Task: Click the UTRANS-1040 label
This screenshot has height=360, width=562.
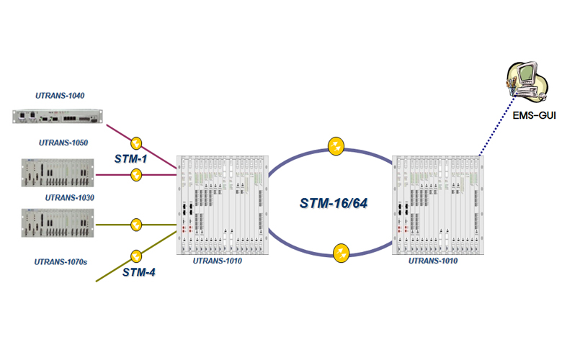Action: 61,95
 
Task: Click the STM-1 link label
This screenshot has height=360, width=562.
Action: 130,158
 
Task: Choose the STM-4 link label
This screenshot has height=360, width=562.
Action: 138,271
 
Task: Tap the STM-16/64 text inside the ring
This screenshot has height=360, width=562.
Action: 334,204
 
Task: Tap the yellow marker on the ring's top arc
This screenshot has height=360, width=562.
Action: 336,146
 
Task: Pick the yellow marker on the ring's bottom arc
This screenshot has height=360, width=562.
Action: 341,253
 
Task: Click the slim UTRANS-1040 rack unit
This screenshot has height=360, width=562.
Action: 58,115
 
